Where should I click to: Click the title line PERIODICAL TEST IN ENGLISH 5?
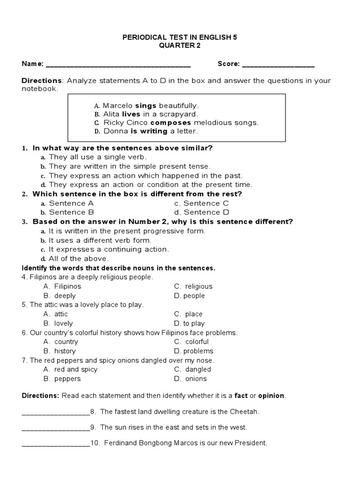pyautogui.click(x=180, y=36)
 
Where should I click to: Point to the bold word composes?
pyautogui.click(x=161, y=123)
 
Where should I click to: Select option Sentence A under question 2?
pyautogui.click(x=67, y=203)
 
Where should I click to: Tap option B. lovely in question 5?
pyautogui.click(x=59, y=323)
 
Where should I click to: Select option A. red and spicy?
pyautogui.click(x=71, y=369)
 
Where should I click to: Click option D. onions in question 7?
pyautogui.click(x=190, y=379)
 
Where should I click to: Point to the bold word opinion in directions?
pyautogui.click(x=271, y=396)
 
